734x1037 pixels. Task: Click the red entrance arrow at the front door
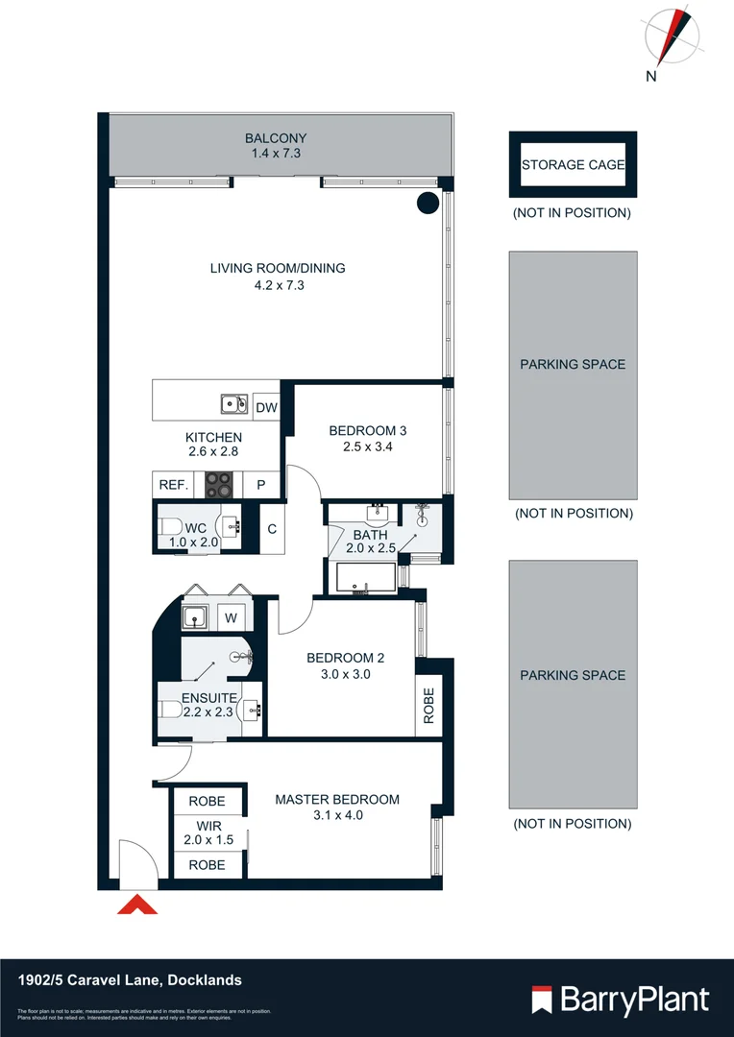[136, 905]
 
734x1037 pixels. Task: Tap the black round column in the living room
[428, 203]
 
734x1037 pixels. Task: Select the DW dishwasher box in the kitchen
[266, 408]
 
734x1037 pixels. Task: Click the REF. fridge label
[173, 486]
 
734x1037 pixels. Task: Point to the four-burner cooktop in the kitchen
[219, 486]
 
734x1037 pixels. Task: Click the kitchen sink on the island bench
[233, 404]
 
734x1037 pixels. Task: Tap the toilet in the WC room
[169, 526]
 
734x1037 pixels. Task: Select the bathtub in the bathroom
[364, 577]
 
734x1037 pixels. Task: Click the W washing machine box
[231, 618]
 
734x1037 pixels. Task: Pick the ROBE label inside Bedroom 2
[428, 706]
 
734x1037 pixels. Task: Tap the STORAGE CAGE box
[573, 165]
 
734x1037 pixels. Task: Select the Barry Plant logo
[621, 1000]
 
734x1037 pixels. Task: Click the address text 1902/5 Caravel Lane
[131, 980]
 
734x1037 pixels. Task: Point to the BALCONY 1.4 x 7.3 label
[276, 145]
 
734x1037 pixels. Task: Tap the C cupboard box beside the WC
[272, 528]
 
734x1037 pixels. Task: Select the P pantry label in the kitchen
[260, 486]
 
